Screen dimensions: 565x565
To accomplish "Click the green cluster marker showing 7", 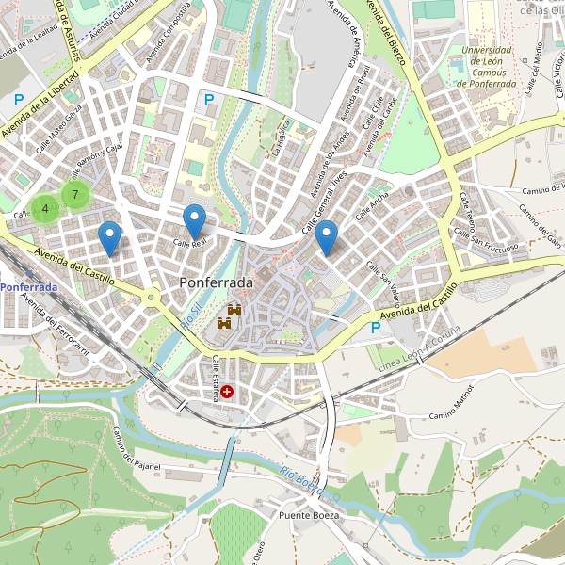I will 75,195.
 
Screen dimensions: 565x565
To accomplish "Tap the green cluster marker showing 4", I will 44,208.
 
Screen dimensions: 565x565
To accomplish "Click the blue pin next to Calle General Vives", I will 327,237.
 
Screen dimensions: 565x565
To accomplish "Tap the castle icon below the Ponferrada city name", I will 230,316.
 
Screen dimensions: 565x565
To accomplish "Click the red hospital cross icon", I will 227,390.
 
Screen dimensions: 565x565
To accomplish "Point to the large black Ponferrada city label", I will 216,282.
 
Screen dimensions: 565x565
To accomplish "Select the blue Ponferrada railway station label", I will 28,286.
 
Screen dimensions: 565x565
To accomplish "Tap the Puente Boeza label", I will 308,516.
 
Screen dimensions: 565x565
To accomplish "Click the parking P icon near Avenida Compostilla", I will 209,98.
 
